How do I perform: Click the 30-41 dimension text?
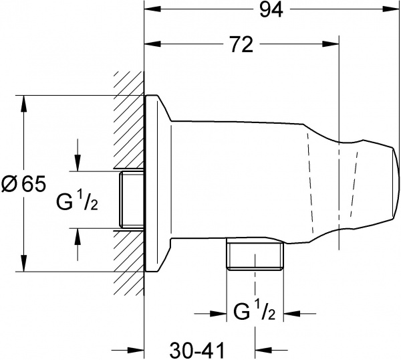[x=194, y=349]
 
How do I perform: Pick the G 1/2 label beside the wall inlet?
[x=77, y=199]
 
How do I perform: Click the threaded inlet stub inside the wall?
[x=131, y=200]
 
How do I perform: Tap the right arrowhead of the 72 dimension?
[x=338, y=45]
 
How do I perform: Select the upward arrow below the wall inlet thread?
[x=78, y=237]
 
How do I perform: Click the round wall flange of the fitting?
[x=158, y=184]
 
